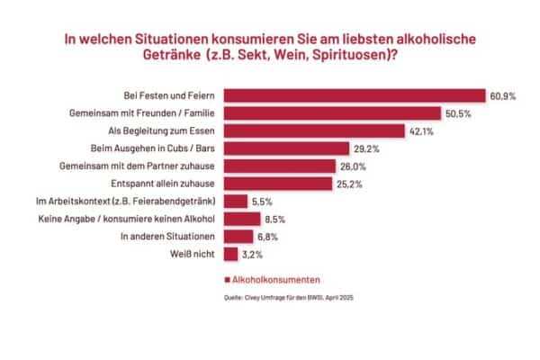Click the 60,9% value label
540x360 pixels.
click(x=503, y=96)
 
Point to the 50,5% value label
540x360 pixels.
click(x=456, y=113)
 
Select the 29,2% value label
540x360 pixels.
click(x=367, y=148)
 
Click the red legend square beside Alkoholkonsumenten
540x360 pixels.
click(x=228, y=282)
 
